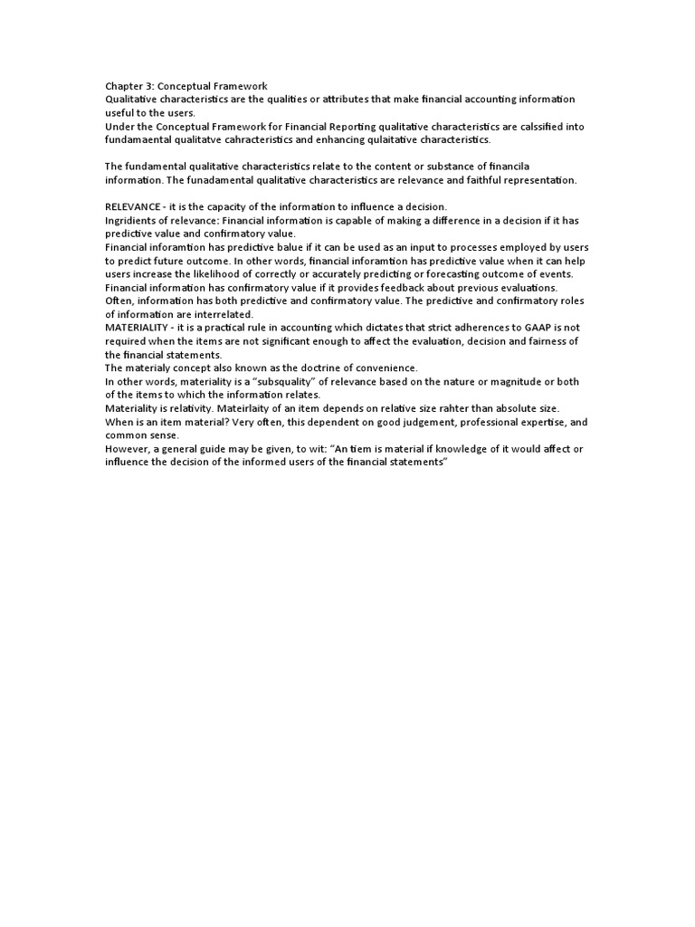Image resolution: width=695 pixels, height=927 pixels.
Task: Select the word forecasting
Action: [x=454, y=274]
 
